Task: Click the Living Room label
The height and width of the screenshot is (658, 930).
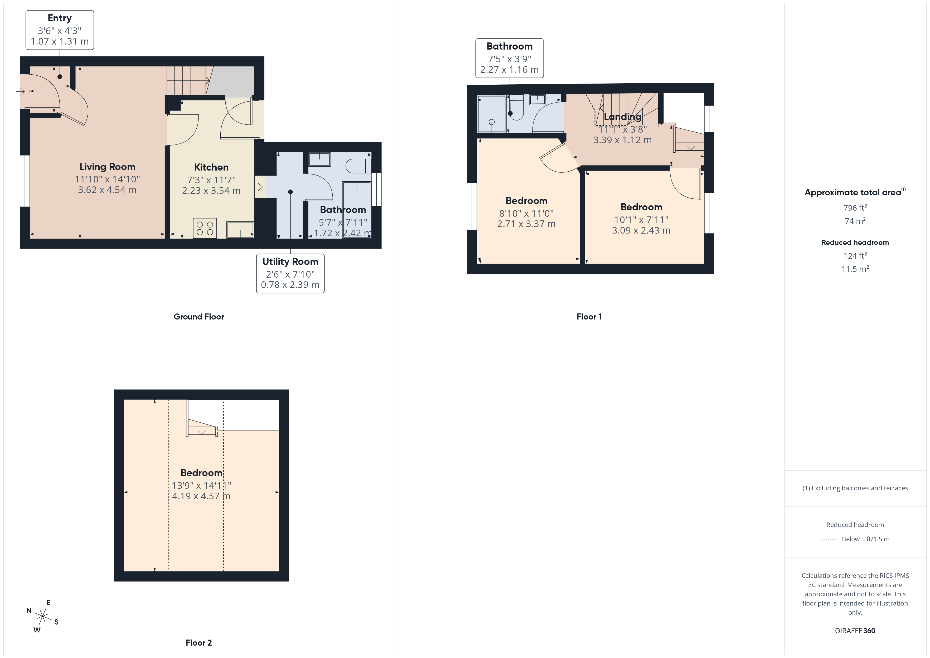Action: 107,167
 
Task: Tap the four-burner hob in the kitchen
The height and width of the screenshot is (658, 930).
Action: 205,228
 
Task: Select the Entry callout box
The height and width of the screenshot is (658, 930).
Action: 60,30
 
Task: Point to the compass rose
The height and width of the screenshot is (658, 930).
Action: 42,617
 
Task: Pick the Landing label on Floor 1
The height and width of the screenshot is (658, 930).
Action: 623,117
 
